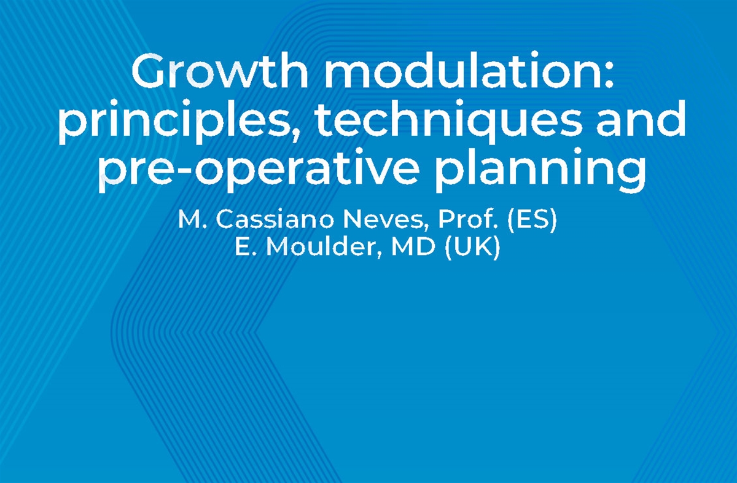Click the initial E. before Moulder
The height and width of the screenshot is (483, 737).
coord(243,248)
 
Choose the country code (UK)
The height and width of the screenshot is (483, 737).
coord(473,248)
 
